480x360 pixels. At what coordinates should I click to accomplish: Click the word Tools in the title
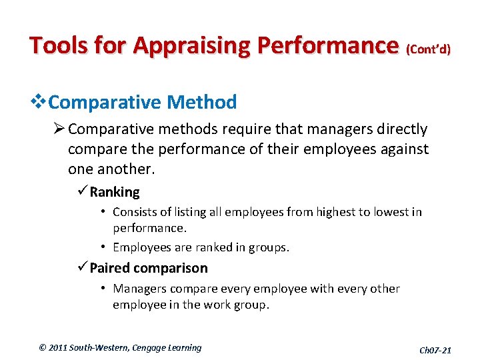tap(57, 45)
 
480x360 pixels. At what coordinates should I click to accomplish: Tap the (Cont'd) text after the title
tap(428, 49)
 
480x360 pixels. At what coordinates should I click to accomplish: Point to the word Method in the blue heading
tap(202, 103)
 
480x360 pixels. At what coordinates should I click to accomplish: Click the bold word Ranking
tap(115, 193)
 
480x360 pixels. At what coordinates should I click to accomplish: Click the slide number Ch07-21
tap(435, 350)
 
